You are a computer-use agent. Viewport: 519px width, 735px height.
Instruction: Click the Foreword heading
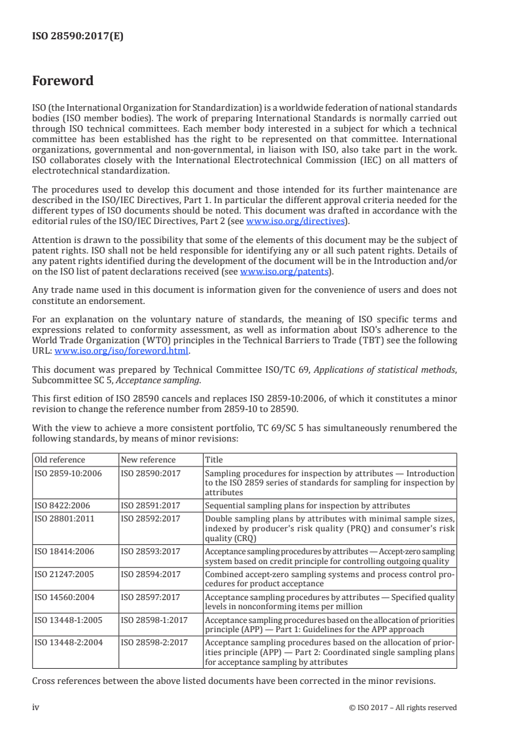tap(63, 81)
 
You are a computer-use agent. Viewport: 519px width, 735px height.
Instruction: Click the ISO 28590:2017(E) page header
tap(78, 37)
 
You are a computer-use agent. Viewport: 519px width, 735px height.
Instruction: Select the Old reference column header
tap(60, 460)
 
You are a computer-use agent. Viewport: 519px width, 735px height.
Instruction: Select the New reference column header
tap(149, 460)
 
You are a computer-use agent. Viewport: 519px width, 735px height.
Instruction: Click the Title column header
tap(214, 460)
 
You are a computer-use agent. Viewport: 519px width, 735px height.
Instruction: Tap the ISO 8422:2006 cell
tap(63, 506)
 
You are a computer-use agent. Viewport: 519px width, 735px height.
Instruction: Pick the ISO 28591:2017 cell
tap(151, 506)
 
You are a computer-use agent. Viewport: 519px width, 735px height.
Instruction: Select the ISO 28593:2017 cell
tap(151, 552)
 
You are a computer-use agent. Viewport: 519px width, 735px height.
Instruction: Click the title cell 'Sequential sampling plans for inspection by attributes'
tap(308, 506)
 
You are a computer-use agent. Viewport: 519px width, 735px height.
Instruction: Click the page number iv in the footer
tap(36, 707)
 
